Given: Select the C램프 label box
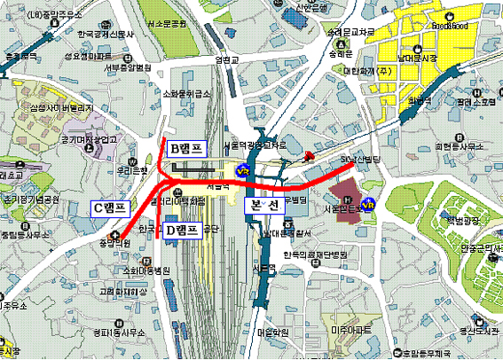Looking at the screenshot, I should (111, 207).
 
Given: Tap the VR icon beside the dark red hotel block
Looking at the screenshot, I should (370, 203).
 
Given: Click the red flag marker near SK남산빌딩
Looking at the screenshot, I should (308, 157).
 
